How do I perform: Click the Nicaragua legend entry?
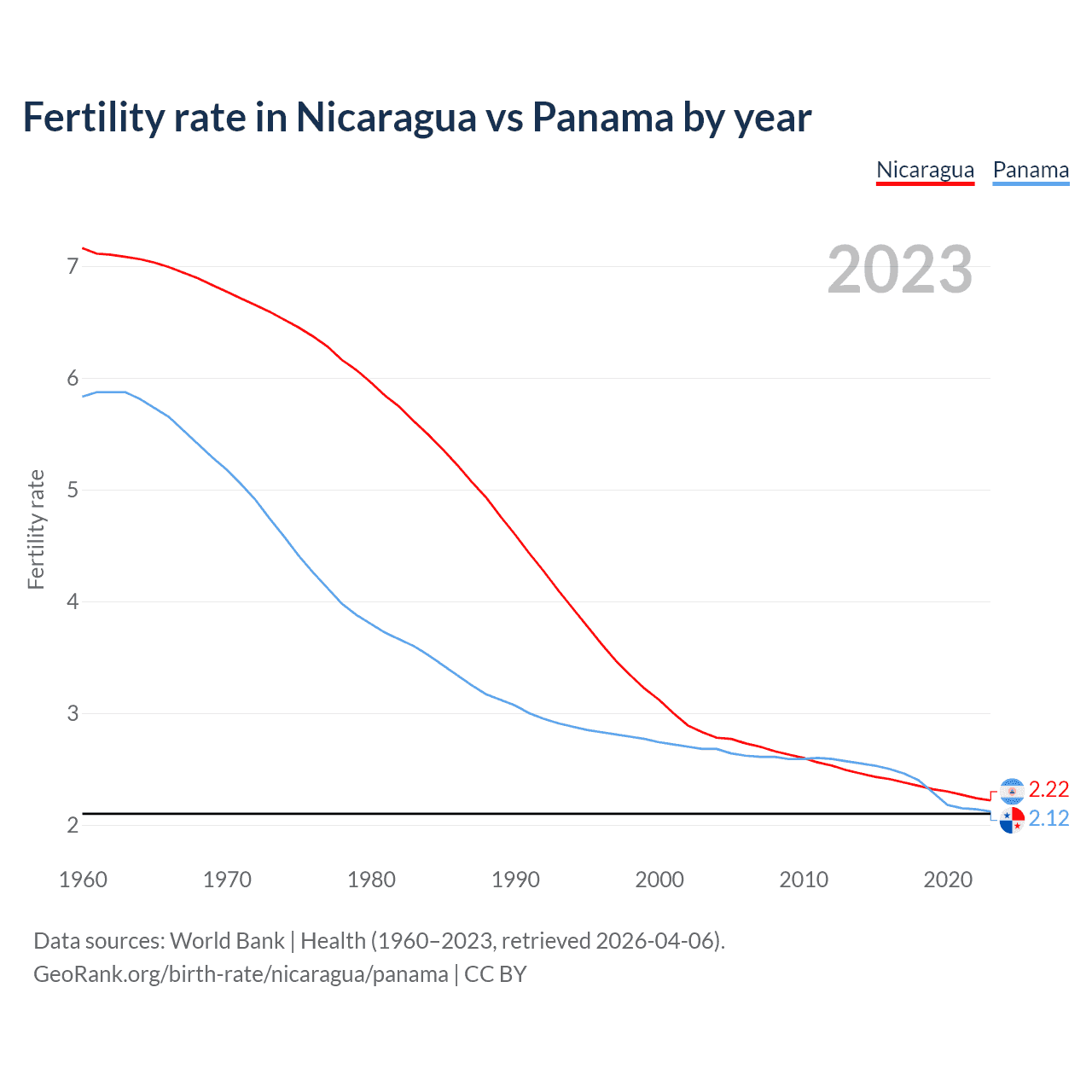tap(925, 170)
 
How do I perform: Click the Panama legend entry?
tap(1031, 170)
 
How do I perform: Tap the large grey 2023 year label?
tap(900, 270)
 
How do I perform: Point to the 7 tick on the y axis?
tap(73, 267)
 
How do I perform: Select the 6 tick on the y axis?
tap(73, 379)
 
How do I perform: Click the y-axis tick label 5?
tap(73, 491)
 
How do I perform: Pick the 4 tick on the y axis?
tap(73, 602)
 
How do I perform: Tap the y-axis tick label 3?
tap(73, 714)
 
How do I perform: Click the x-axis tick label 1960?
tap(83, 880)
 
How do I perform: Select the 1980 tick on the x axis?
tap(371, 880)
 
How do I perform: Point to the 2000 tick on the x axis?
tap(659, 880)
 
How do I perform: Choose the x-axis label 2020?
tap(948, 880)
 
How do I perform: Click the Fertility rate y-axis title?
tap(36, 529)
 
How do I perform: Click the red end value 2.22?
tap(1048, 789)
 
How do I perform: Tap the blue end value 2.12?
tap(1048, 819)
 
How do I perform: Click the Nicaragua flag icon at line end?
tap(1012, 791)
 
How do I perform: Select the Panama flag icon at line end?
tap(1012, 821)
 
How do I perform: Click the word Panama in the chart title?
tap(602, 117)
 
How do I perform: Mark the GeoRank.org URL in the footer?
tap(241, 974)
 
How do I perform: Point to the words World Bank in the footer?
tap(227, 941)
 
